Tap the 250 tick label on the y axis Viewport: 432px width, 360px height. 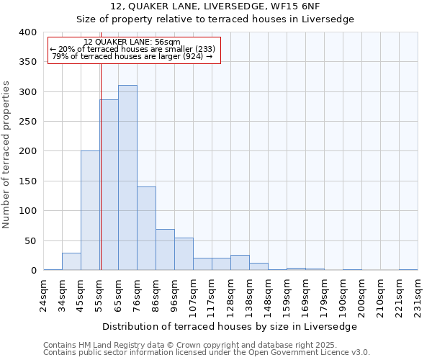click(27, 122)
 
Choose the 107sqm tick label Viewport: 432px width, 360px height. click(194, 295)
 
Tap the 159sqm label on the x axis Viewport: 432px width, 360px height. click(287, 295)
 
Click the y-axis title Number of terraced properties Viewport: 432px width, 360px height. click(6, 154)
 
